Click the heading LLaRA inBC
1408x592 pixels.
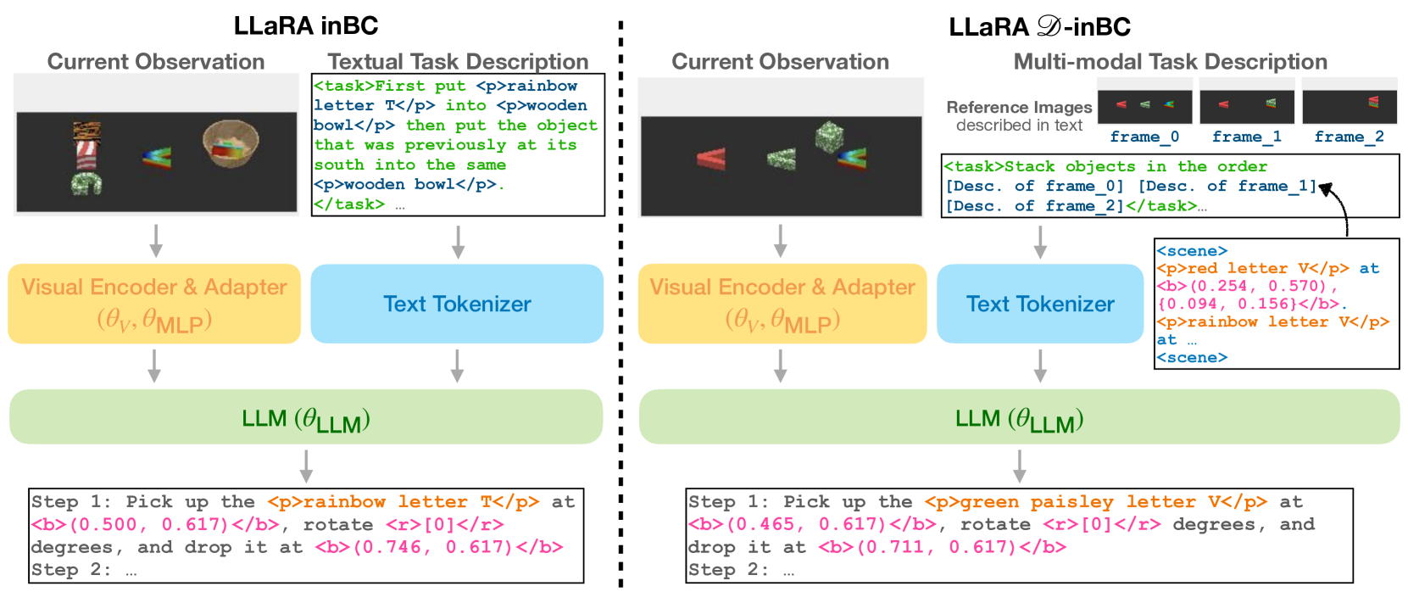306,25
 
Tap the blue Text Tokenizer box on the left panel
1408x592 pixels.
457,304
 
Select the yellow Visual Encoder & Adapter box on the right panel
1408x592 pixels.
782,304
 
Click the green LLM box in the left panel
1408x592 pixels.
306,417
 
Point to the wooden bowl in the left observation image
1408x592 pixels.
231,144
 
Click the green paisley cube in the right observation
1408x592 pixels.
829,137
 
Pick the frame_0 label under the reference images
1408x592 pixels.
1144,137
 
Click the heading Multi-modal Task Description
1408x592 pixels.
1171,62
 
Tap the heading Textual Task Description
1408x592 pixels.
458,62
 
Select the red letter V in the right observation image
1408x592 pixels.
711,159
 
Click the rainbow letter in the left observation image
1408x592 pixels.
157,157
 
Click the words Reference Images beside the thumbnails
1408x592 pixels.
1019,107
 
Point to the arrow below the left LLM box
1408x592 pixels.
306,466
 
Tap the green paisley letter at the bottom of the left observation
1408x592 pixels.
86,184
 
